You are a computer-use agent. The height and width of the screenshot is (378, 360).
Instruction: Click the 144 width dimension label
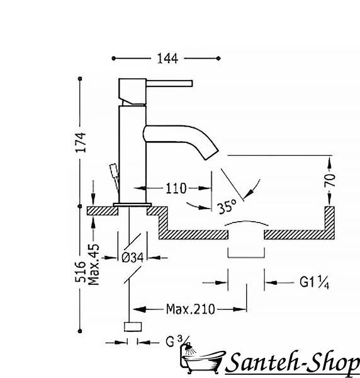[x=167, y=59]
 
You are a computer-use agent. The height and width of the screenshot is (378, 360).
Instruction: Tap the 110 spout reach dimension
[x=176, y=188]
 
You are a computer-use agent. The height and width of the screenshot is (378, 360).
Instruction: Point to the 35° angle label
[x=227, y=207]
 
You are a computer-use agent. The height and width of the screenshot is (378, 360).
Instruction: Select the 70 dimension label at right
[x=330, y=180]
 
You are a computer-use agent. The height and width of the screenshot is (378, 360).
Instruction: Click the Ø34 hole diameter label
[x=133, y=258]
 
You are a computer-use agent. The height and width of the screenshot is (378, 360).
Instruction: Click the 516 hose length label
[x=81, y=272]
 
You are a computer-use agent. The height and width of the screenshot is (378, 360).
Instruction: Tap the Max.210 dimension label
[x=190, y=309]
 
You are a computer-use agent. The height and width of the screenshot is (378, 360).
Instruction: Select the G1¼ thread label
[x=314, y=282]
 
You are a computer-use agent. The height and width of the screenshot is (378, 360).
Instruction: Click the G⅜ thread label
[x=177, y=341]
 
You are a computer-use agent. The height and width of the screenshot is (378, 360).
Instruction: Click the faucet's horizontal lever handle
[x=169, y=83]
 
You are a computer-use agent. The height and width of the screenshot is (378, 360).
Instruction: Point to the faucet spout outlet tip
[x=211, y=154]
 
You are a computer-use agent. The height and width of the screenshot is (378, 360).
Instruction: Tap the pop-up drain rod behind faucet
[x=115, y=178]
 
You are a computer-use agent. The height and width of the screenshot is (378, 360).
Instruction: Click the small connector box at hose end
[x=133, y=326]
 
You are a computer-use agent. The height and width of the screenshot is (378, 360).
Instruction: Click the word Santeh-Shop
[x=293, y=363]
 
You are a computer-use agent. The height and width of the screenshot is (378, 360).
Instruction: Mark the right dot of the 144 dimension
[x=218, y=58]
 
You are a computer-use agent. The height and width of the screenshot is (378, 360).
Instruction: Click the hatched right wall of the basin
[x=329, y=222]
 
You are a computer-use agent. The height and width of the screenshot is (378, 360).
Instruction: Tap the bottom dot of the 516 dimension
[x=80, y=331]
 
